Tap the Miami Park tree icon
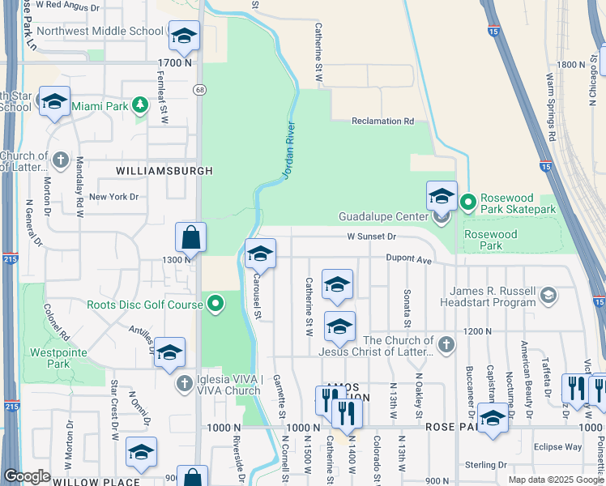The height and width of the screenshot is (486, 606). [140, 105]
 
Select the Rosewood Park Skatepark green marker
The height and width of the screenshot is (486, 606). [467, 201]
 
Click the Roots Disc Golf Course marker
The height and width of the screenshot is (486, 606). [216, 305]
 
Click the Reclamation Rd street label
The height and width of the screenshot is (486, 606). [382, 122]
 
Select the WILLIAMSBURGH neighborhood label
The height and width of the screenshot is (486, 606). [164, 171]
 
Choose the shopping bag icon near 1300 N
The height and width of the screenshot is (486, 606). [191, 238]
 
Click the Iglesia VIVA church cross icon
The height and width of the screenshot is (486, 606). [184, 382]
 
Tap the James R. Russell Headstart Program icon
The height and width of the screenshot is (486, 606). [549, 296]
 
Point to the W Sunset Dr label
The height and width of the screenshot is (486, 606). [371, 237]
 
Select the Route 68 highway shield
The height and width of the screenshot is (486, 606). [198, 89]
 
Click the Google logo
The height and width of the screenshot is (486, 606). [27, 475]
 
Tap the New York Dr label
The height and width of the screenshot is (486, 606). [114, 197]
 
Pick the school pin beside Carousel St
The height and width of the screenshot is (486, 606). [260, 254]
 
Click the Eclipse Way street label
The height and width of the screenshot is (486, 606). [557, 446]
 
